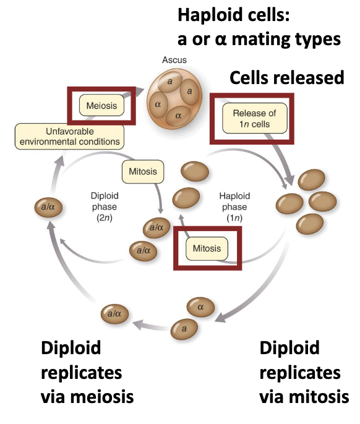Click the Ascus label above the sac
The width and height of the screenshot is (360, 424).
(173, 60)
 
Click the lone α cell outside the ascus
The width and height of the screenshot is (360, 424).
(200, 306)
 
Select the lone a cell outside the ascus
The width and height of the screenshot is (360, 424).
(183, 328)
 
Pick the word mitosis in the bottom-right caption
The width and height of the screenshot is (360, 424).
(317, 397)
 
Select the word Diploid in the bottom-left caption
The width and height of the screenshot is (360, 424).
(71, 348)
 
